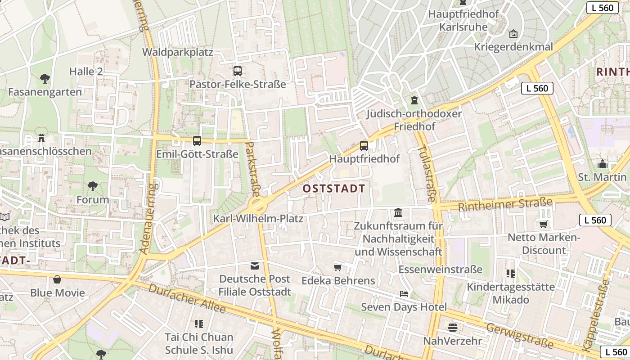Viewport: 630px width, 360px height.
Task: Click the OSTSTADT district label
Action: coord(333,189)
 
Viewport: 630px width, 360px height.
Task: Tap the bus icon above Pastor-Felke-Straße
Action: coord(237,71)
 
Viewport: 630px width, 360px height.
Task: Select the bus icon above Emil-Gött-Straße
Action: coord(197,141)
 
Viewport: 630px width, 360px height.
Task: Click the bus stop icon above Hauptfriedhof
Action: coord(364,145)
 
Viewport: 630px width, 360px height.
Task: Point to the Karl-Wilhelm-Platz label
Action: coord(258,219)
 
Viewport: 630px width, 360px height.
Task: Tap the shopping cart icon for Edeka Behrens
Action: coord(337,267)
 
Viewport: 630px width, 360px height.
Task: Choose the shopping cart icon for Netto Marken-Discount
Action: coord(543,224)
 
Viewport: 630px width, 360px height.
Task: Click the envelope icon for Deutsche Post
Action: coord(255,265)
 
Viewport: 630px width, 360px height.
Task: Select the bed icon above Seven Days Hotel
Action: coord(404,294)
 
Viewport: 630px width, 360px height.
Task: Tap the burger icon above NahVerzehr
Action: coord(452,327)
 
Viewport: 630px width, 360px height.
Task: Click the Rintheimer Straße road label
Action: coord(505,205)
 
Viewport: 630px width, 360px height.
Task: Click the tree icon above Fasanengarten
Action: coord(45,79)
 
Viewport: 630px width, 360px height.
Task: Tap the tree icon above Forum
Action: coord(92,186)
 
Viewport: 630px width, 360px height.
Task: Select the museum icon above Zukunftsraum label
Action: coord(398,212)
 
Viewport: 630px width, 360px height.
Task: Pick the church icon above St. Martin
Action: coord(602,163)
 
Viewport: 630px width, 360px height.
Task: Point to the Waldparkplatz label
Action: coord(177,52)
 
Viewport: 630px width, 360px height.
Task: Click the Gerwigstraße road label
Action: coord(519,335)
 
